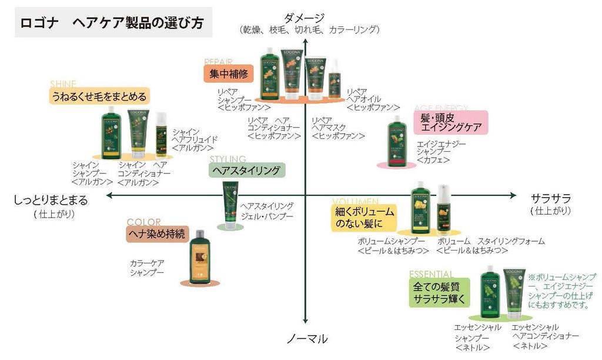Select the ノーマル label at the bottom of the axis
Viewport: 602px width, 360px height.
tap(307, 339)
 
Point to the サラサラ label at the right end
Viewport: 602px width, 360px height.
tap(550, 198)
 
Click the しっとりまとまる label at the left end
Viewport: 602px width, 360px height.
tap(51, 200)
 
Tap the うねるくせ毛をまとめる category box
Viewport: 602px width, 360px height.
tap(99, 95)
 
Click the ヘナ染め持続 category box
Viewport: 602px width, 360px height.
tap(157, 234)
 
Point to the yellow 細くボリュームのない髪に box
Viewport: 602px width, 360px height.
tap(364, 217)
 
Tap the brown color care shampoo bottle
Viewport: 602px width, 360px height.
tap(199, 257)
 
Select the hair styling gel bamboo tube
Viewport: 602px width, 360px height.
tap(228, 203)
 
